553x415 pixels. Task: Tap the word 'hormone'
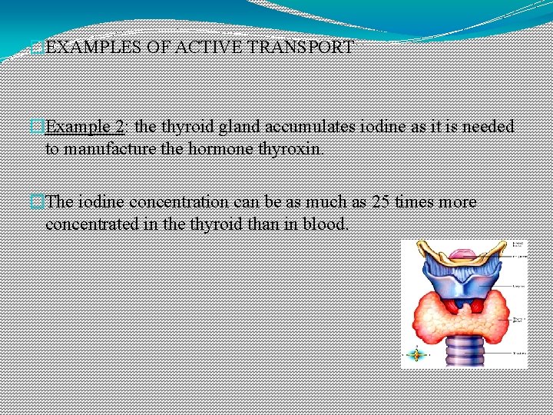coord(222,148)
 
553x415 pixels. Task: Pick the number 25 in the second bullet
coord(381,202)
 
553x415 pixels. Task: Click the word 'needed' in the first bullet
coord(487,127)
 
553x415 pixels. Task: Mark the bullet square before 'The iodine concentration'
coord(38,202)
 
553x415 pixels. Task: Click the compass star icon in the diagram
coord(416,354)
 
